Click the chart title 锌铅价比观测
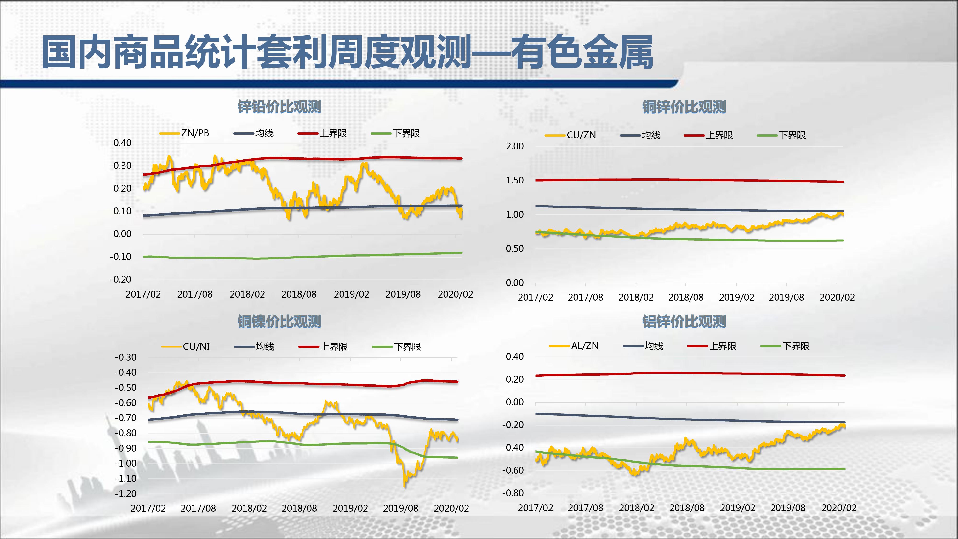279,107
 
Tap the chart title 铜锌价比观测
684,107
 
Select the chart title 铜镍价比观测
279,321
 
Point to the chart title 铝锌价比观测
684,321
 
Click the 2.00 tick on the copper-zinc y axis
515,146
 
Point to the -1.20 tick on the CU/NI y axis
126,494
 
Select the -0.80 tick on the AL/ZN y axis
513,493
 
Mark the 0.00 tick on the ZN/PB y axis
122,234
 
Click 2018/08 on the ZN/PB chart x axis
299,294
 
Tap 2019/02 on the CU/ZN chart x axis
736,297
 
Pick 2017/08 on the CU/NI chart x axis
198,508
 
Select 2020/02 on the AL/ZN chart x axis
839,508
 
